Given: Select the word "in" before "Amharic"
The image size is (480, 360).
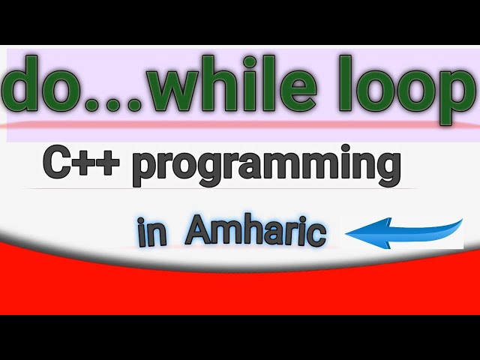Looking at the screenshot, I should pyautogui.click(x=151, y=233).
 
